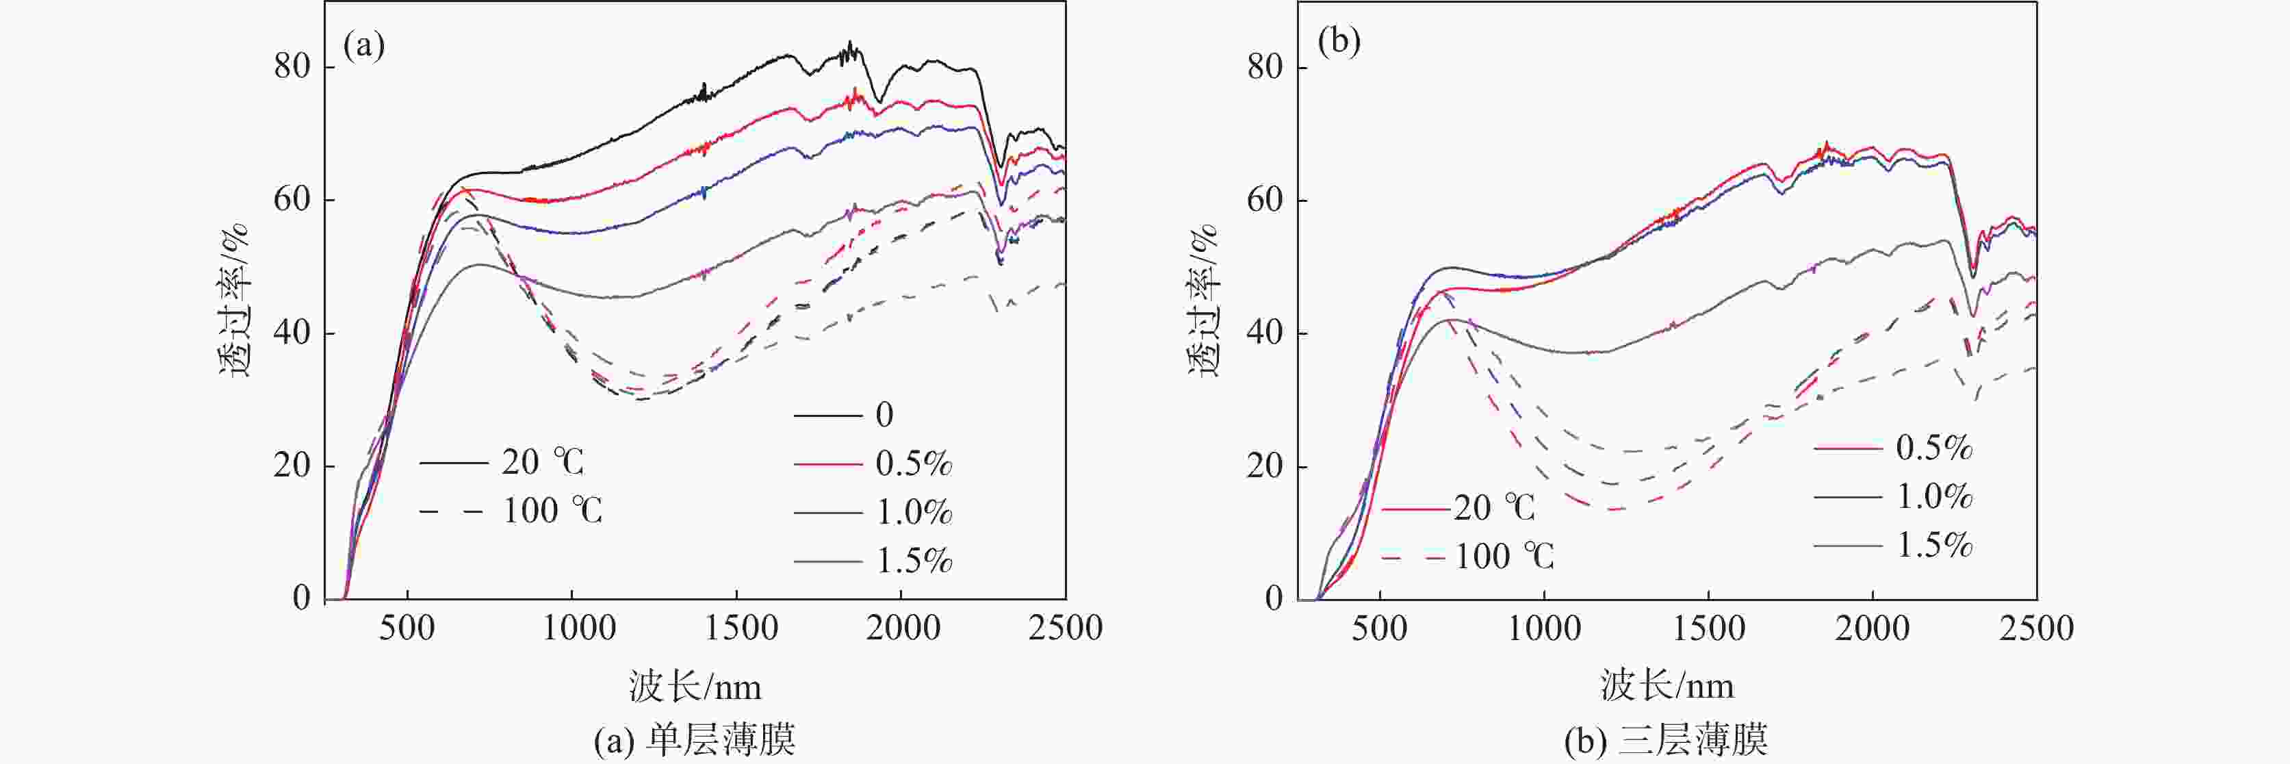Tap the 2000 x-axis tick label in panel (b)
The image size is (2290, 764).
pyautogui.click(x=1873, y=628)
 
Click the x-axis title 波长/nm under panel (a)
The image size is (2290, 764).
pyautogui.click(x=695, y=687)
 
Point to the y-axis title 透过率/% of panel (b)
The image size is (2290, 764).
pyautogui.click(x=1205, y=301)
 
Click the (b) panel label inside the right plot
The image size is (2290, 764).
pyautogui.click(x=1339, y=42)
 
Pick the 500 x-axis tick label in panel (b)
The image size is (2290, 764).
pyautogui.click(x=1379, y=628)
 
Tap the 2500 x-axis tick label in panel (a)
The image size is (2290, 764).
pyautogui.click(x=1065, y=628)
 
